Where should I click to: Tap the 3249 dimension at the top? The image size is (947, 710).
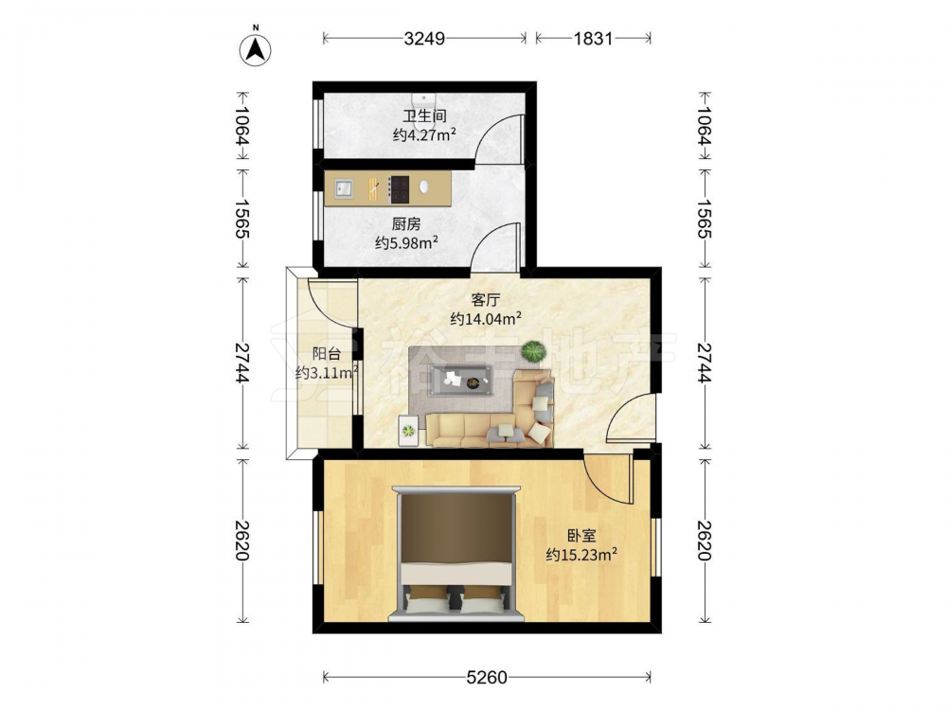pos(424,39)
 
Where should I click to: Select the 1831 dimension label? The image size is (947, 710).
pos(593,39)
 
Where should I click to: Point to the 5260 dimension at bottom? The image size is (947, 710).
pos(487,678)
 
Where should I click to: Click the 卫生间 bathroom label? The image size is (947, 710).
pos(424,115)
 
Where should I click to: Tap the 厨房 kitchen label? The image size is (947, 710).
pos(406,224)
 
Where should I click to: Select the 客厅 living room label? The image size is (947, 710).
pos(486,299)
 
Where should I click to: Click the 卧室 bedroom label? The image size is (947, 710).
pos(581,536)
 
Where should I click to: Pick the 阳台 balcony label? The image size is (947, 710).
pos(327,354)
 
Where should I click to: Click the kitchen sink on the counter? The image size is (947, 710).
pos(344,188)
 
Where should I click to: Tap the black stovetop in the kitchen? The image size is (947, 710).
pos(399,188)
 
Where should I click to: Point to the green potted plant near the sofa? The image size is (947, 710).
pos(533,351)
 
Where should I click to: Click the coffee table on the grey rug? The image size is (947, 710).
pos(459,381)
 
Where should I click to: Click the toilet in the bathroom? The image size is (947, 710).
pos(424,99)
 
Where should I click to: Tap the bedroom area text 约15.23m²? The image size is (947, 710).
pos(581,554)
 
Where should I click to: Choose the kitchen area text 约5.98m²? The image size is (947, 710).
pos(406,242)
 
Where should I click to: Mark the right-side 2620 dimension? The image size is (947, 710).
pos(705,541)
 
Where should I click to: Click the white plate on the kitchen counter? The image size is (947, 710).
pos(424,186)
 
